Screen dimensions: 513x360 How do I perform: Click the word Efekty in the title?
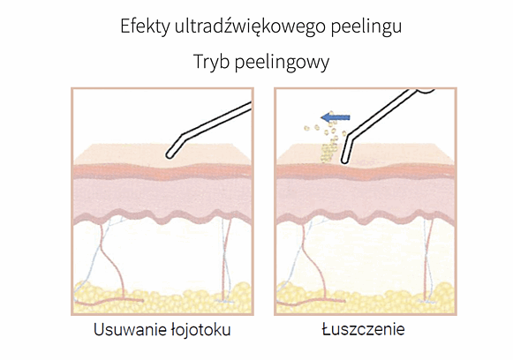click(x=145, y=26)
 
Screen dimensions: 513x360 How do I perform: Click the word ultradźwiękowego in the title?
click(x=250, y=27)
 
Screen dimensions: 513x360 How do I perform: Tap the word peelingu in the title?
click(x=366, y=27)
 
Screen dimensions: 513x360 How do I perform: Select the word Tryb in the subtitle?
click(x=211, y=62)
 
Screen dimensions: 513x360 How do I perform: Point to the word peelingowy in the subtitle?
click(x=282, y=63)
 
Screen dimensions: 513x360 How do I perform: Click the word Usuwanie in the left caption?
click(x=129, y=330)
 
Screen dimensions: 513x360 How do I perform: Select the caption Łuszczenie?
click(x=363, y=329)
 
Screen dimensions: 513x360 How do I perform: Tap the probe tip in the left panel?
click(x=170, y=155)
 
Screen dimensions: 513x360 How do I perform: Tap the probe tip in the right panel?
click(x=344, y=160)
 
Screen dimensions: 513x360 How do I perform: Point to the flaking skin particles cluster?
click(x=328, y=144)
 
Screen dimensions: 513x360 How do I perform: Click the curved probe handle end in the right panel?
click(x=425, y=91)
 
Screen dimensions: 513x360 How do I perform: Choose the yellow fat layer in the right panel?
click(x=366, y=298)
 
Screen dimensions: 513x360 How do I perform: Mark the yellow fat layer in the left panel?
click(x=162, y=298)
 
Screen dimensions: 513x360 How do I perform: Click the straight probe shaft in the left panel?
click(x=217, y=119)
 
